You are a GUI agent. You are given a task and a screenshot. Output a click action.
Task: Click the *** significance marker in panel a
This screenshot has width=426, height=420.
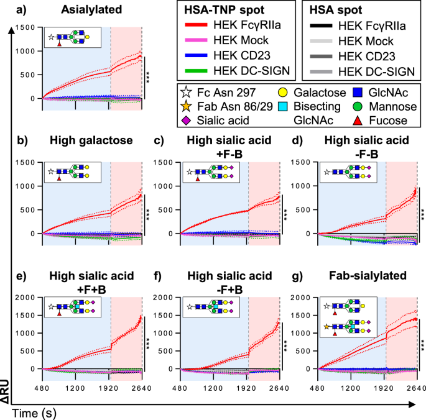pos(149,78)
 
